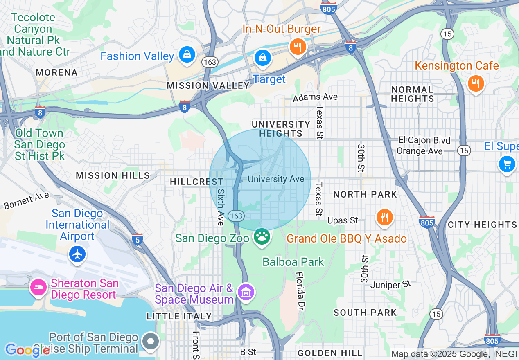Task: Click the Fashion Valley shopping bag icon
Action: pyautogui.click(x=187, y=55)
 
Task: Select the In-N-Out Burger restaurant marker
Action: pyautogui.click(x=298, y=46)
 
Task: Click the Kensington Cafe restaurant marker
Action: pyautogui.click(x=475, y=84)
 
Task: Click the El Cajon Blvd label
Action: pyautogui.click(x=424, y=140)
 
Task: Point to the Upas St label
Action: pyautogui.click(x=343, y=220)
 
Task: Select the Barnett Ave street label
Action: pyautogui.click(x=26, y=200)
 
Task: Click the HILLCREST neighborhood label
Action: pyautogui.click(x=196, y=182)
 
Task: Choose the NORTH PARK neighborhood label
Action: pyautogui.click(x=365, y=194)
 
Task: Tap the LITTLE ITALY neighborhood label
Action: pyautogui.click(x=179, y=316)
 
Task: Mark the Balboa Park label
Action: pyautogui.click(x=293, y=262)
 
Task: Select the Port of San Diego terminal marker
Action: pyautogui.click(x=151, y=341)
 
